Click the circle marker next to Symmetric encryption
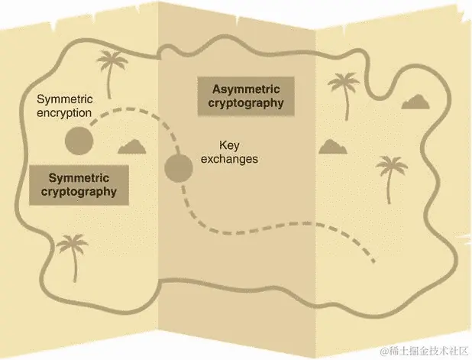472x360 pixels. [79, 140]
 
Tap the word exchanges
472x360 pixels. [235, 159]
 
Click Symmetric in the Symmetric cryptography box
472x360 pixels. [75, 177]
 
